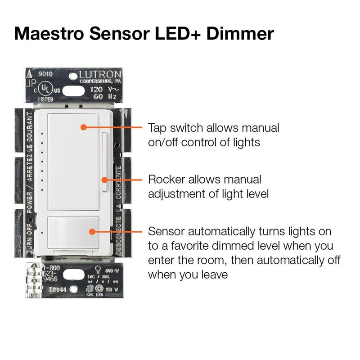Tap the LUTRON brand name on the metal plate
coord(100,75)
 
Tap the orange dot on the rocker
coord(104,180)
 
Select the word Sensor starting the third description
coord(166,232)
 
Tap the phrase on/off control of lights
coord(204,142)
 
